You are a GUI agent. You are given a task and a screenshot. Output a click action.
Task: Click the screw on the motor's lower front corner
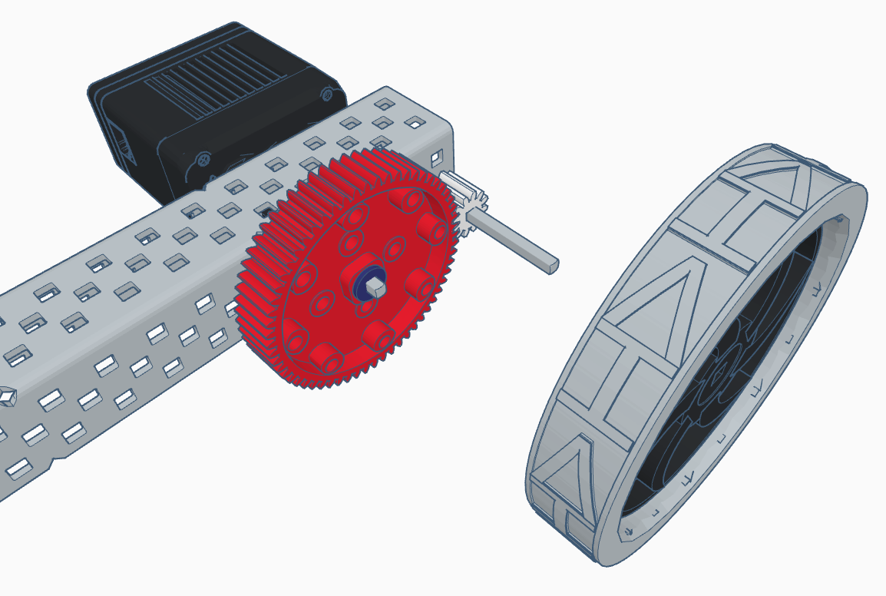(203, 160)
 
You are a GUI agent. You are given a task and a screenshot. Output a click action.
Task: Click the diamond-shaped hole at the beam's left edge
(7, 396)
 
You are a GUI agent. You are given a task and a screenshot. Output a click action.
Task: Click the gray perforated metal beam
(154, 307)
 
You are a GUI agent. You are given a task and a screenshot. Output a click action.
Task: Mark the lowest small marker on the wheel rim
(629, 530)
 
